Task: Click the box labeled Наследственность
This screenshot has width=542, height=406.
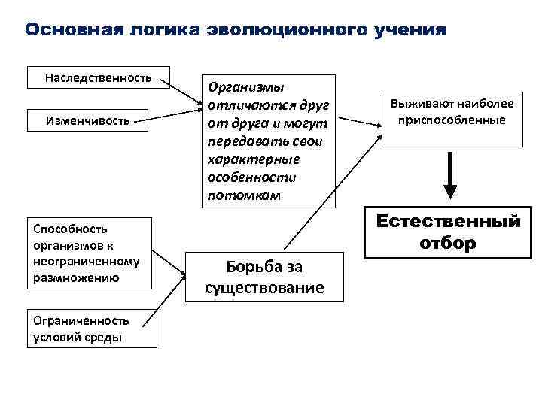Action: (x=98, y=77)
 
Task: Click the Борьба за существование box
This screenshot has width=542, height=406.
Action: (x=264, y=276)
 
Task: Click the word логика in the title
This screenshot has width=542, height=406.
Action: (x=165, y=30)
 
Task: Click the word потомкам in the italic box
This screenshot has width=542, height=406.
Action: (x=242, y=195)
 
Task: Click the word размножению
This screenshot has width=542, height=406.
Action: (x=75, y=277)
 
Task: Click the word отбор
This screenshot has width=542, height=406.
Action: (x=448, y=244)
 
